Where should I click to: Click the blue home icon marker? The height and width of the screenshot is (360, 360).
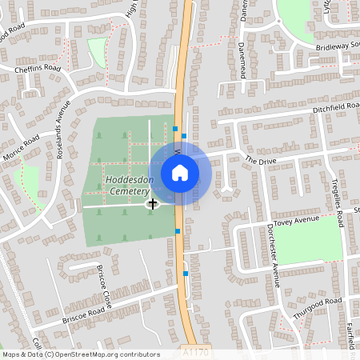coord(179,172)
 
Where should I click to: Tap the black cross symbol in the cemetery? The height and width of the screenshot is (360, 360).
coord(152,204)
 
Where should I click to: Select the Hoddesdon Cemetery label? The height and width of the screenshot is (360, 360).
coord(127,186)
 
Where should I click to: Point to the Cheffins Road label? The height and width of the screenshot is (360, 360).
coord(38,70)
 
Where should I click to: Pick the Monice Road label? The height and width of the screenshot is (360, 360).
coord(21,151)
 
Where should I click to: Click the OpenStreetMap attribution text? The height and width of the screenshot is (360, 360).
coord(80,354)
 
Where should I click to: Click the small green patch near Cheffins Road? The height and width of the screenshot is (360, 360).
coord(97,52)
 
